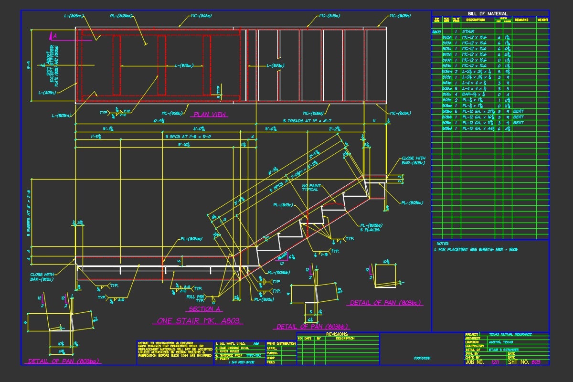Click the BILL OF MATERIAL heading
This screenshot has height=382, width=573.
click(x=490, y=13)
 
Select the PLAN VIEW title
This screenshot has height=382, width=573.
click(x=210, y=115)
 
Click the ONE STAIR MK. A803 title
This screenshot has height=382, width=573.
click(x=198, y=321)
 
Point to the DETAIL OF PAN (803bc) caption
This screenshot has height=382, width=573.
click(x=386, y=303)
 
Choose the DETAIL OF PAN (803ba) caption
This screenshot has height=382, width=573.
click(x=64, y=361)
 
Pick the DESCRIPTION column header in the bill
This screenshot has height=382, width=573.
click(x=475, y=20)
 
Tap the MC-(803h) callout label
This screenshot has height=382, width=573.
click(x=400, y=16)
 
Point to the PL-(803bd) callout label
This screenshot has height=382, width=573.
click(x=121, y=16)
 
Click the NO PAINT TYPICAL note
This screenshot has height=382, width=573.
click(x=310, y=187)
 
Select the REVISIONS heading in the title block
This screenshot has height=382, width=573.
click(x=337, y=334)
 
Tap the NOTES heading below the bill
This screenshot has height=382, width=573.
click(x=443, y=244)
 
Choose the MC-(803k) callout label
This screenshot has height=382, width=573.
click(x=400, y=113)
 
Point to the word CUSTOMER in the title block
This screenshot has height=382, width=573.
click(x=422, y=358)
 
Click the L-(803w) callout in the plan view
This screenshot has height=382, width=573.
click(x=184, y=65)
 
